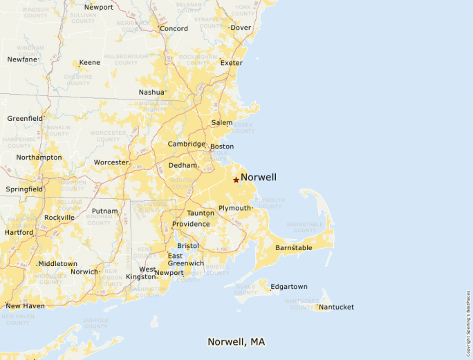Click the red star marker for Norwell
coord(236,180)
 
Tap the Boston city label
coord(222,146)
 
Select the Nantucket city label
coord(337,307)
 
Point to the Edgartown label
coord(289,287)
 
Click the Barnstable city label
coord(294,247)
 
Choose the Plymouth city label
coord(234,208)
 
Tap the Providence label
coord(191,224)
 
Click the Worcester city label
coord(111,162)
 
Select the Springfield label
coord(24,189)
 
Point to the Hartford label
coord(18,232)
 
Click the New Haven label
coord(25,306)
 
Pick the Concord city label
coord(174,28)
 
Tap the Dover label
coord(241,28)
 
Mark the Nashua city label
coord(151,92)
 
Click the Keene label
coord(89,62)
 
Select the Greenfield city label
coord(25,118)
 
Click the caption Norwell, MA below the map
coord(236,342)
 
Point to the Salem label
coord(222,122)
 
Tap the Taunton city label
coord(201,213)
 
